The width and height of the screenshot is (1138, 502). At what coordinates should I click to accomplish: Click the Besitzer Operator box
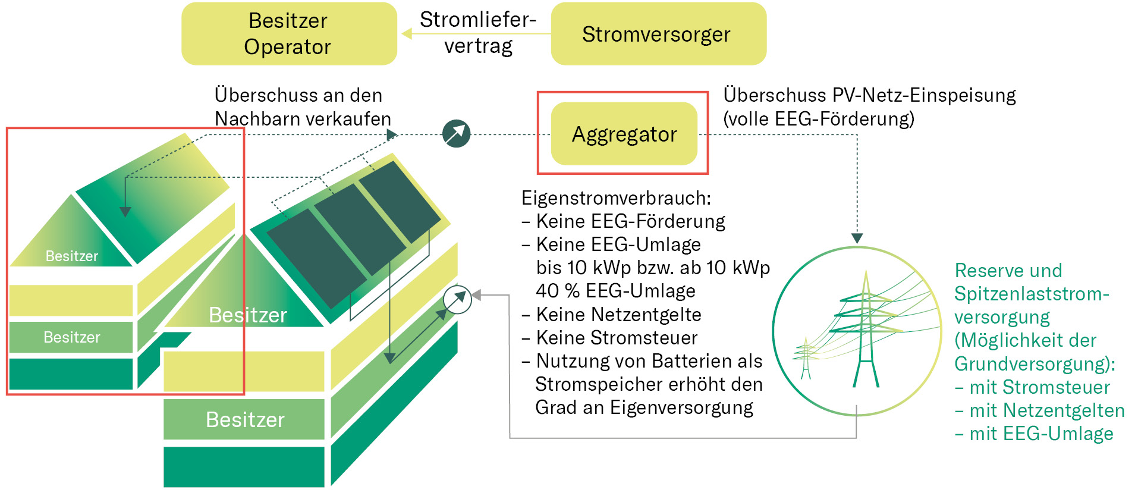tap(288, 34)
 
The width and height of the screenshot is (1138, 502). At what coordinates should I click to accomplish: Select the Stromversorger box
tap(658, 34)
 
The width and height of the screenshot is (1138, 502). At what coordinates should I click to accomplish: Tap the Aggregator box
tap(624, 134)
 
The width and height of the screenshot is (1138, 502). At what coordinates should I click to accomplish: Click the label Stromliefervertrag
tap(477, 33)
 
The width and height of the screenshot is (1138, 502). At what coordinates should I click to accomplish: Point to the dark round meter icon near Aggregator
tap(456, 133)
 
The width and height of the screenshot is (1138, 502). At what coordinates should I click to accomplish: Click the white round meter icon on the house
tap(457, 300)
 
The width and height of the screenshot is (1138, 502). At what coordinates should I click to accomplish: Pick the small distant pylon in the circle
tap(806, 357)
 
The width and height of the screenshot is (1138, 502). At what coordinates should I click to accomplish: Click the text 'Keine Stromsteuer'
tap(617, 338)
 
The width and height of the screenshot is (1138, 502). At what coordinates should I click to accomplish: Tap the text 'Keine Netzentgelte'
tap(618, 315)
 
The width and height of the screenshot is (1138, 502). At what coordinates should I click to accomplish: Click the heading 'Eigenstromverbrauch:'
tap(616, 198)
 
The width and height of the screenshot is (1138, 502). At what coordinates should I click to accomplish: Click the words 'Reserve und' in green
tap(1008, 271)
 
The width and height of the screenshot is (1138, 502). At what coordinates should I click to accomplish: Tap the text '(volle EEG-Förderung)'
tap(819, 119)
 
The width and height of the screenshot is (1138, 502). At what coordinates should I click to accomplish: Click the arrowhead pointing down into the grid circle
tap(857, 238)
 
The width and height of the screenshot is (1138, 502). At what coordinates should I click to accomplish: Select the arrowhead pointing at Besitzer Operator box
tap(407, 34)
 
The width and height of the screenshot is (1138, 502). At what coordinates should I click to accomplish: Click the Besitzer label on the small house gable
tap(72, 256)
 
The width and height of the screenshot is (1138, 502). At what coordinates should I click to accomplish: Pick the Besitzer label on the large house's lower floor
tap(245, 420)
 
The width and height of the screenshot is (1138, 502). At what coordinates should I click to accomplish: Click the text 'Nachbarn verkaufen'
tap(303, 119)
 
